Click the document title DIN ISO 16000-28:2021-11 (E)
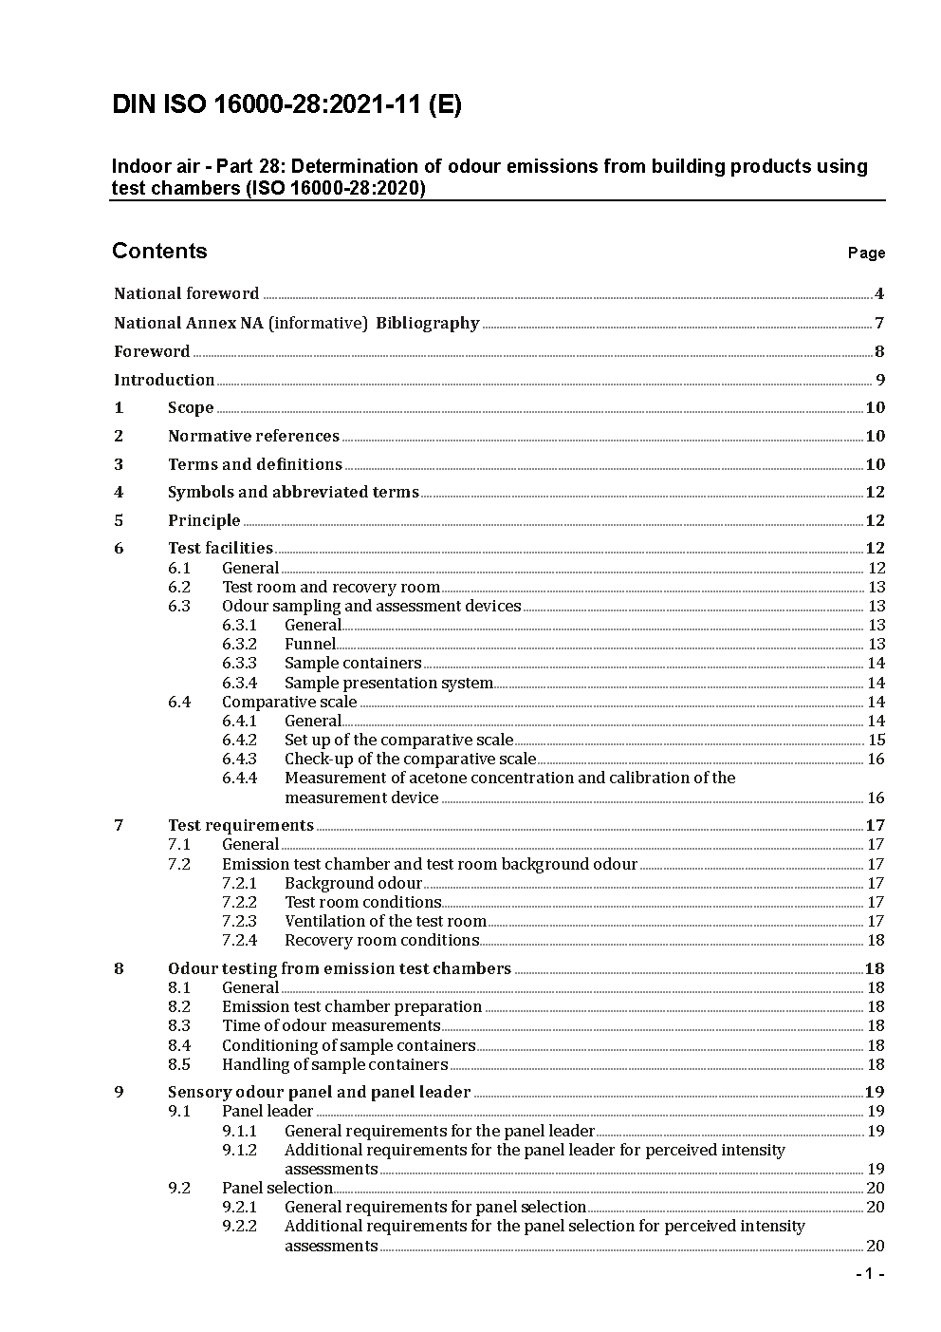[x=286, y=105]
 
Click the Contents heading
[x=159, y=251]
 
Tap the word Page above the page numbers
[x=866, y=253]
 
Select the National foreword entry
[x=186, y=294]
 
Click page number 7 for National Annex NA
[x=879, y=323]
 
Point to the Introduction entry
[x=164, y=380]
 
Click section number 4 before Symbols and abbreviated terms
[x=119, y=492]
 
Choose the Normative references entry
[x=253, y=436]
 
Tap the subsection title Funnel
[x=309, y=644]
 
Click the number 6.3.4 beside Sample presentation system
[x=239, y=683]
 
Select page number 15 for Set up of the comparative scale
[x=876, y=740]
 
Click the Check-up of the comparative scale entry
[x=410, y=759]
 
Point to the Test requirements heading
[x=240, y=825]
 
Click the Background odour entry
[x=353, y=883]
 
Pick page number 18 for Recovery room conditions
[x=876, y=940]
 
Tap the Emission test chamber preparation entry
[x=351, y=1006]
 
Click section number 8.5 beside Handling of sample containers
[x=179, y=1064]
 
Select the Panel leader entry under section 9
[x=267, y=1111]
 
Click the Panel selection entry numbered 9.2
[x=277, y=1188]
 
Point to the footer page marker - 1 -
[x=870, y=1274]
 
